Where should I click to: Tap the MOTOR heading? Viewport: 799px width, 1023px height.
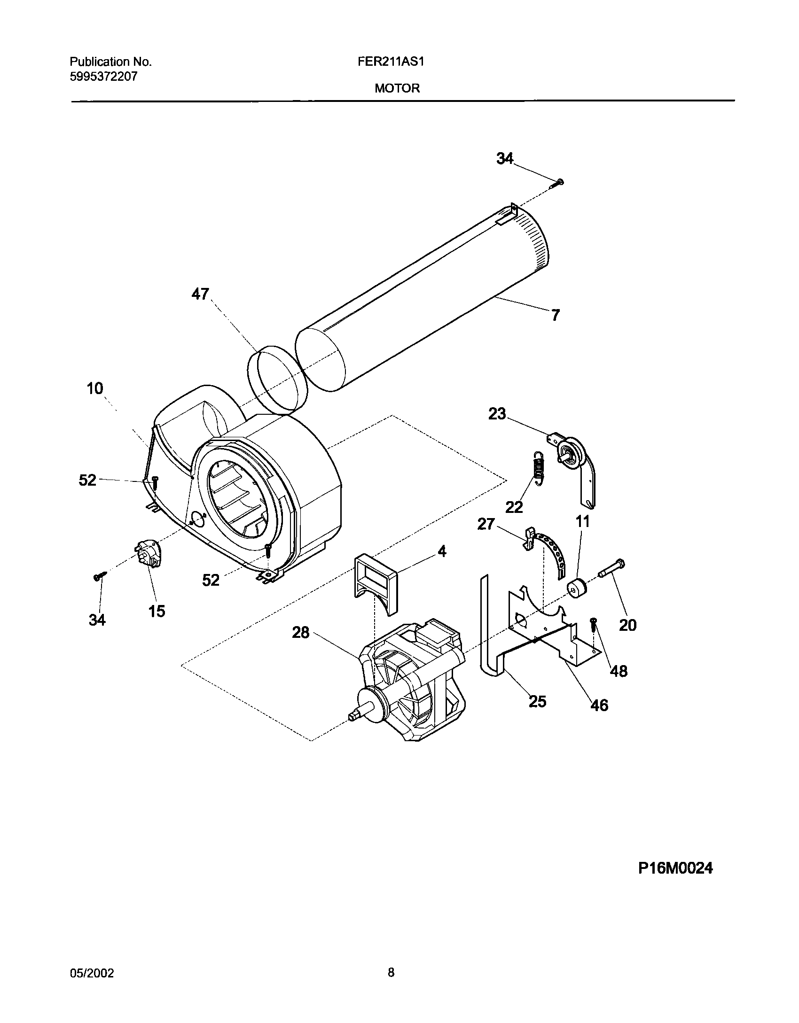tap(397, 88)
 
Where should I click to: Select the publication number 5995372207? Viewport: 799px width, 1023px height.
tap(103, 77)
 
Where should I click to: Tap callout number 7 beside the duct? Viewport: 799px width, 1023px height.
tap(556, 315)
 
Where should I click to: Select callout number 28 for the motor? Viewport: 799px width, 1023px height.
tap(301, 633)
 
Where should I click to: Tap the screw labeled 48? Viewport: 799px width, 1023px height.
tap(594, 624)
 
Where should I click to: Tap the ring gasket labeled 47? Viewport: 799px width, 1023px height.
tap(277, 380)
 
